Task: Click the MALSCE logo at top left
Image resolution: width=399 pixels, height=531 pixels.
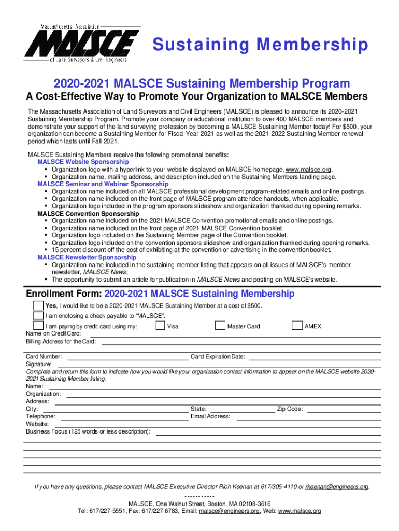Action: (83, 44)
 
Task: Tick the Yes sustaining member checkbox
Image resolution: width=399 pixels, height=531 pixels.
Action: (38, 305)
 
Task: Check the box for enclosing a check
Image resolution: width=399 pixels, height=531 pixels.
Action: (38, 315)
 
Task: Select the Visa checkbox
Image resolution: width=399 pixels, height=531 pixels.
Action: (161, 326)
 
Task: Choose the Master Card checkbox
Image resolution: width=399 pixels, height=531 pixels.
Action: (220, 326)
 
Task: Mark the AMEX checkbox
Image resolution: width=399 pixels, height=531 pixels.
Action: (297, 326)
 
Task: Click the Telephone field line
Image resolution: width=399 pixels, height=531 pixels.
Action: (124, 418)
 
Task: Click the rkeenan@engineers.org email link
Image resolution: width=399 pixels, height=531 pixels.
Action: (337, 487)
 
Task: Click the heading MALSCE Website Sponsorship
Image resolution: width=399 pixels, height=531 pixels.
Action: (83, 162)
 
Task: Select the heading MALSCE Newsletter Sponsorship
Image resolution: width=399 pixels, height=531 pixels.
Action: (87, 257)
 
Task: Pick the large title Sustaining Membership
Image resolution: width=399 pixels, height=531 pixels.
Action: (260, 45)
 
